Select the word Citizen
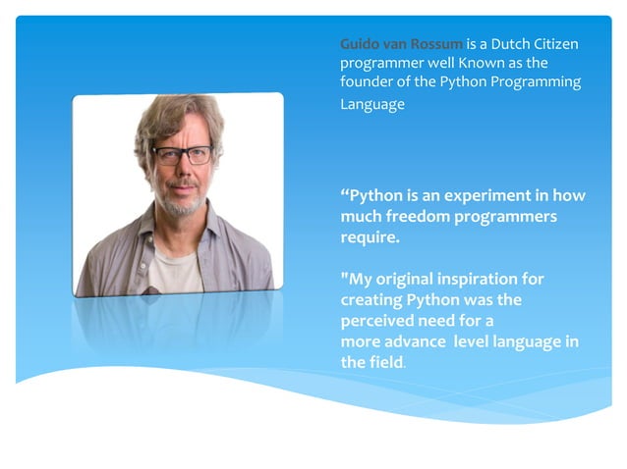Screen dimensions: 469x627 (x=555, y=44)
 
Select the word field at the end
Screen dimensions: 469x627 (x=386, y=362)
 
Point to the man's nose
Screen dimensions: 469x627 (x=182, y=171)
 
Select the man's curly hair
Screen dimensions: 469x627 (x=177, y=113)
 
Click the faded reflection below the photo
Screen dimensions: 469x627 (x=177, y=324)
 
